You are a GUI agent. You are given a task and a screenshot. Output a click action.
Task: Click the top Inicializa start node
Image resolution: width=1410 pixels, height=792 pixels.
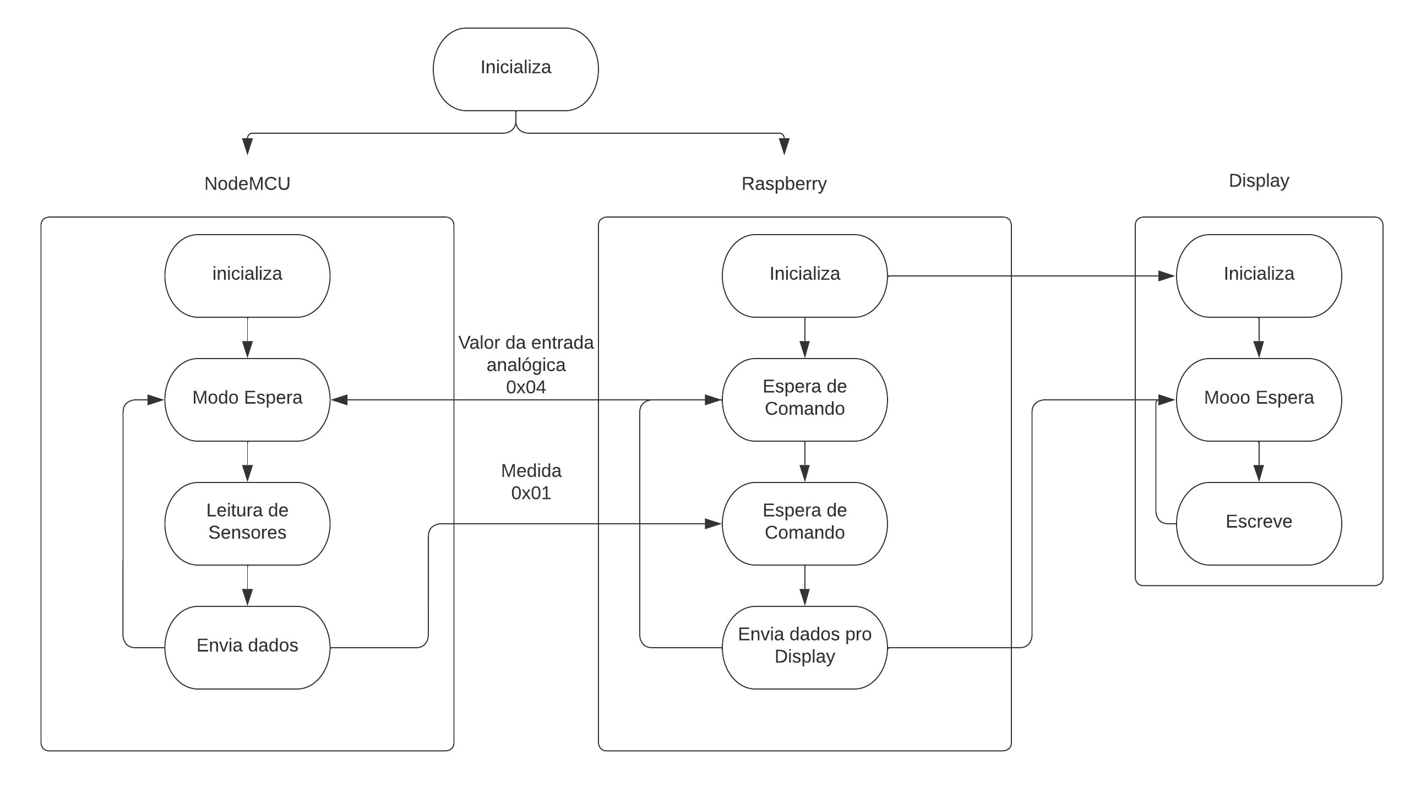[x=515, y=69]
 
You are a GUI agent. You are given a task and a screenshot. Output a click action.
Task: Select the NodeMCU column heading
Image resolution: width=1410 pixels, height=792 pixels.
[x=247, y=183]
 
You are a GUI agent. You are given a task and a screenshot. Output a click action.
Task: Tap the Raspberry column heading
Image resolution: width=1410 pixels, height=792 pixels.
[x=783, y=183]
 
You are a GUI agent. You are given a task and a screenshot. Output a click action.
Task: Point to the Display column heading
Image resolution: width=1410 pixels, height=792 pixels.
[x=1259, y=181]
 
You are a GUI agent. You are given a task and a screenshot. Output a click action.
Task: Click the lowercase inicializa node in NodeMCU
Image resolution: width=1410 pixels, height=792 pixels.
[x=247, y=275]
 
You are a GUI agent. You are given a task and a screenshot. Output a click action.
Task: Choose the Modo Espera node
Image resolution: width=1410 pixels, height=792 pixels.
[x=247, y=399]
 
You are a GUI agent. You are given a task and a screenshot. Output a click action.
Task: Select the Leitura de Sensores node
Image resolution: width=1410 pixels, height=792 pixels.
[x=247, y=523]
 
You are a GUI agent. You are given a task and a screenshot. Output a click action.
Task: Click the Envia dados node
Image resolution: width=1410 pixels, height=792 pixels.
[x=247, y=647]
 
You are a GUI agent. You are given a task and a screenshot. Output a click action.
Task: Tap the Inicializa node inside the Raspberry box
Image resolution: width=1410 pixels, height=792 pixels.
[x=804, y=275]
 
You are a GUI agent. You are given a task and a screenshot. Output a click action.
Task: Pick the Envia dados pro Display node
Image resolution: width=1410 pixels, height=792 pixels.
[x=804, y=647]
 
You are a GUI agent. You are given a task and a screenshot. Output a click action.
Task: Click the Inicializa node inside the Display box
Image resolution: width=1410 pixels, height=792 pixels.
[x=1259, y=275]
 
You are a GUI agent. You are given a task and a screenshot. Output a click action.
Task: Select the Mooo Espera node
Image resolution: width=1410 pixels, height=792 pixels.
[x=1259, y=399]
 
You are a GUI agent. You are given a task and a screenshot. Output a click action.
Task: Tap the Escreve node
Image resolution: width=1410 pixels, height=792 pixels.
[x=1259, y=523]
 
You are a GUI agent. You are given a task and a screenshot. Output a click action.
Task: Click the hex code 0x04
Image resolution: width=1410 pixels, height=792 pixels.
[x=526, y=387]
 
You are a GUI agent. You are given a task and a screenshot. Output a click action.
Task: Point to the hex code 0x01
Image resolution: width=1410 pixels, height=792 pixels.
[x=531, y=493]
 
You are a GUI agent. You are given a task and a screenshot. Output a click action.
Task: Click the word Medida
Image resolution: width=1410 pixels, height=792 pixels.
[x=531, y=471]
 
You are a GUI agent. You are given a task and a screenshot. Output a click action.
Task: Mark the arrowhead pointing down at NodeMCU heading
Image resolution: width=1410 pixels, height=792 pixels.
[x=247, y=147]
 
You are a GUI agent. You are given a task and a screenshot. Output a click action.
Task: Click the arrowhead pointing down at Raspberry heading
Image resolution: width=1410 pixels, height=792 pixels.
[x=784, y=147]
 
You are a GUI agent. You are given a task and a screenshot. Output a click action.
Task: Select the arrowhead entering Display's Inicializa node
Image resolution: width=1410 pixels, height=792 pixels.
[x=1167, y=275]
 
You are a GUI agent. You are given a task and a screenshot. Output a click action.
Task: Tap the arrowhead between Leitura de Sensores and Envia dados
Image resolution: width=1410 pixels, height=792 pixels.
[x=247, y=597]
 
